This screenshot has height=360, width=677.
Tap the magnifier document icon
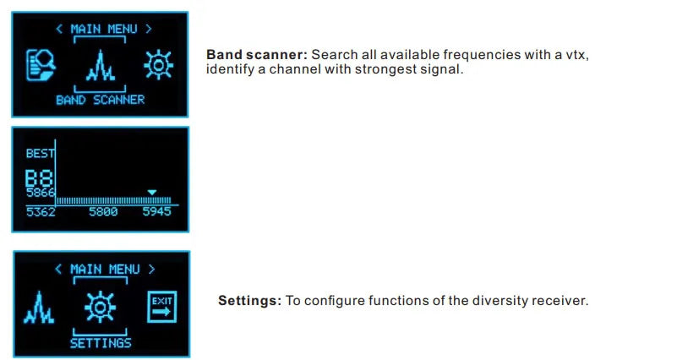pyautogui.click(x=41, y=65)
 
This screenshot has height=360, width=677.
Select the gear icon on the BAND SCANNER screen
pyautogui.click(x=158, y=64)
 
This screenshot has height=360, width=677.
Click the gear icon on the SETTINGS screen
pyautogui.click(x=100, y=306)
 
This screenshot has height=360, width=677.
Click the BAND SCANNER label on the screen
pyautogui.click(x=100, y=100)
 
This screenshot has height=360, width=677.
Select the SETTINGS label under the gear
pyautogui.click(x=100, y=343)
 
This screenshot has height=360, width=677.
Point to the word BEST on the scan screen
pyautogui.click(x=40, y=154)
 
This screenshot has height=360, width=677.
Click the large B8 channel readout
pyautogui.click(x=39, y=177)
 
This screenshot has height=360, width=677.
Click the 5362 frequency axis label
pyautogui.click(x=40, y=211)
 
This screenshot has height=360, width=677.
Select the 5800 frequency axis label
pyautogui.click(x=103, y=211)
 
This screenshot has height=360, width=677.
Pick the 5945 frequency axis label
pyautogui.click(x=156, y=211)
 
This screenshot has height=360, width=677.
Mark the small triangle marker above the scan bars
pyautogui.click(x=152, y=192)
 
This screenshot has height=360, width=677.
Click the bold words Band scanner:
pyautogui.click(x=257, y=55)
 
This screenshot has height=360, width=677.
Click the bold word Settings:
pyautogui.click(x=249, y=301)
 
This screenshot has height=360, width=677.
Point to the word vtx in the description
pyautogui.click(x=576, y=55)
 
